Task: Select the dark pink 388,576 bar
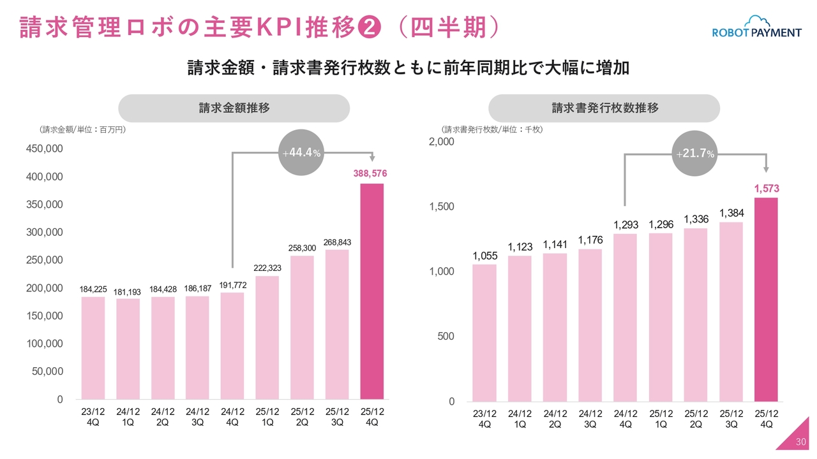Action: click(x=372, y=291)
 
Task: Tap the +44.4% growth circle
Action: click(x=302, y=152)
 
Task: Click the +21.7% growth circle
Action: click(x=695, y=154)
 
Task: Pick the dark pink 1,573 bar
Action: click(x=766, y=300)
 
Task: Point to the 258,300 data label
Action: click(x=303, y=247)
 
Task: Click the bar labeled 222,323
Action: click(x=267, y=337)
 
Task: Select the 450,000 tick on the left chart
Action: click(x=45, y=149)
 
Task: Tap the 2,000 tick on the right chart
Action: click(x=442, y=142)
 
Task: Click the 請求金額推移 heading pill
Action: click(x=234, y=108)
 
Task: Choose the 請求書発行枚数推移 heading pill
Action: click(x=604, y=108)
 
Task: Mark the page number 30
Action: click(x=802, y=442)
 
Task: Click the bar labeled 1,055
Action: click(x=484, y=333)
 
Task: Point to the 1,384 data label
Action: click(x=731, y=213)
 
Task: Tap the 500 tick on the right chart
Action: click(x=446, y=336)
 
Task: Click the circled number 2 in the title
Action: click(x=370, y=27)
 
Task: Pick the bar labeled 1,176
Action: click(x=590, y=325)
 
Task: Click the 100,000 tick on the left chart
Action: click(x=45, y=344)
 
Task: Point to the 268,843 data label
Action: click(x=337, y=242)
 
